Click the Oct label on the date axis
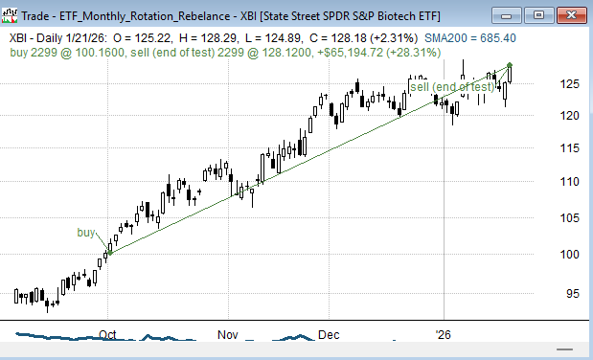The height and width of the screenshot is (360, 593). [x=107, y=336]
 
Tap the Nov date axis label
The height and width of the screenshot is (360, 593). [x=227, y=336]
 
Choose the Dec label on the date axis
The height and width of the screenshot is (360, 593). [x=329, y=336]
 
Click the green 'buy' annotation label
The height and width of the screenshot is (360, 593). [x=86, y=233]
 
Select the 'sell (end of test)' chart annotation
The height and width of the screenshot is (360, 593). [x=452, y=87]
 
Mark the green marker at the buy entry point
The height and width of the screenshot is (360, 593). [x=108, y=254]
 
